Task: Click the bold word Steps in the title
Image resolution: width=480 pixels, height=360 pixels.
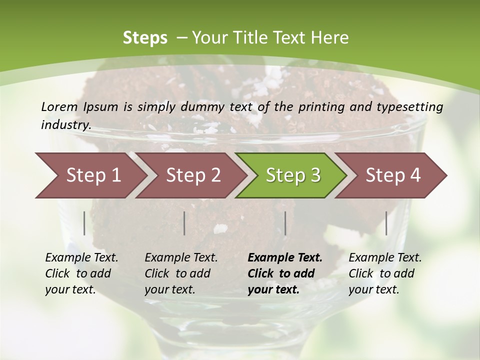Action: point(145,38)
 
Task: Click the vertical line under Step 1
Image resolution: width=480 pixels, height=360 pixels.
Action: point(84,223)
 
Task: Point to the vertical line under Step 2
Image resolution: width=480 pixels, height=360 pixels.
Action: point(184,223)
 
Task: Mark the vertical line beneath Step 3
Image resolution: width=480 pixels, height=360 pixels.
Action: point(285,223)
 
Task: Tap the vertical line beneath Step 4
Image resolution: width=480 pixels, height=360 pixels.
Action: point(386,223)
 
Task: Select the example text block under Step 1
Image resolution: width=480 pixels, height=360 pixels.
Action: point(81,273)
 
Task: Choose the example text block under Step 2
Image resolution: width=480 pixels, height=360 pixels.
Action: point(181,273)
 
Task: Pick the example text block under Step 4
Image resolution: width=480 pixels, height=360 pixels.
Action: point(385,273)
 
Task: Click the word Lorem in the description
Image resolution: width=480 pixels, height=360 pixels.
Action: point(59,107)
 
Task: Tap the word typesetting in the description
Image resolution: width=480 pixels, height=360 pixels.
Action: point(414,107)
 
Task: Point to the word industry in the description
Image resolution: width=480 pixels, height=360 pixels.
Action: point(65,125)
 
